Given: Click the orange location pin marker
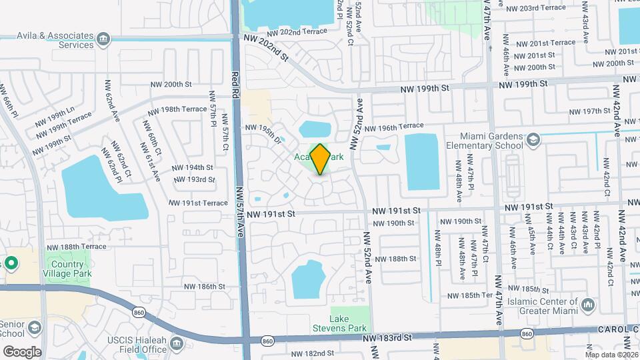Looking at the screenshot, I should coord(320,159).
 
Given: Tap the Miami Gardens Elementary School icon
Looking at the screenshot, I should coord(533,139).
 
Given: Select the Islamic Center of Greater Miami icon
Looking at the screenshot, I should coord(588,305).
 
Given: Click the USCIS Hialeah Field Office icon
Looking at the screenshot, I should coord(177,343).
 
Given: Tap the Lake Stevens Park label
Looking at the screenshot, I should coord(339,323).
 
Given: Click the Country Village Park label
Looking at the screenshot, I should coord(67,268).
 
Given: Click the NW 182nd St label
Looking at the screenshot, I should coord(312,353).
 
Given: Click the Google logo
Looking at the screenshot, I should coord(22,351).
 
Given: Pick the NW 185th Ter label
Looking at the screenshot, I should coord(470,295).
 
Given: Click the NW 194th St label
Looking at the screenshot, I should coord(192,168).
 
